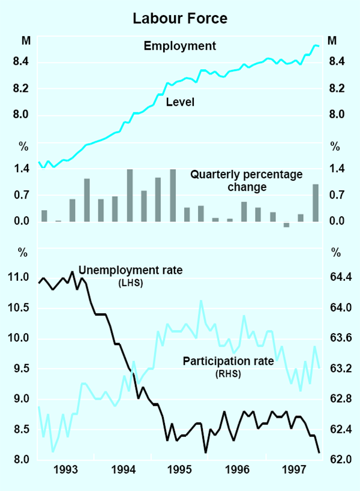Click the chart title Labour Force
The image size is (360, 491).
point(180,19)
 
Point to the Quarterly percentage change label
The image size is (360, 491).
point(238,181)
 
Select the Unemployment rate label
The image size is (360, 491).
point(130,270)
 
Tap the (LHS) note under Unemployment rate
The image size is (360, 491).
point(130,283)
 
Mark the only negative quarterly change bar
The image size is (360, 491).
point(286,224)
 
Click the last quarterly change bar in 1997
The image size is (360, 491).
point(315,203)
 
